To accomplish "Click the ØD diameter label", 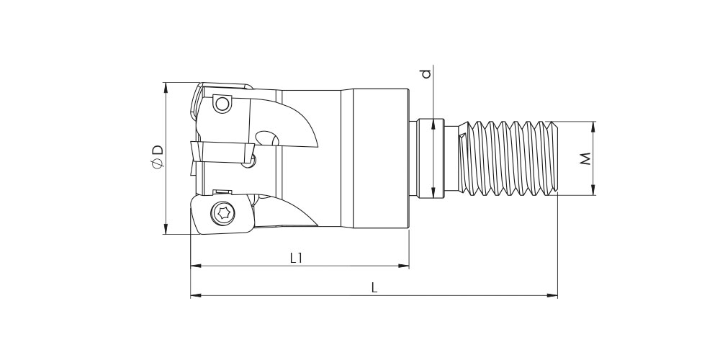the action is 157,156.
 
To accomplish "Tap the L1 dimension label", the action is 297,258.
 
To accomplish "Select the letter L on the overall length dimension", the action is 374,288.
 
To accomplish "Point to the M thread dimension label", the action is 585,159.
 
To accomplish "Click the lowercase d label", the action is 426,73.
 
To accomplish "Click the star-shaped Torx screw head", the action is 224,212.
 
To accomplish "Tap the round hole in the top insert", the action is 222,104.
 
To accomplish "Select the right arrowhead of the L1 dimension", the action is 404,266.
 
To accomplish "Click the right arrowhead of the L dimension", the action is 552,295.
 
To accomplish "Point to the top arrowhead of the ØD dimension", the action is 166,88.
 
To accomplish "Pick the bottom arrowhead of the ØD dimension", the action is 166,228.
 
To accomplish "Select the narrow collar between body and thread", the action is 431,158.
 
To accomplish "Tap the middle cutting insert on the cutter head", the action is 222,151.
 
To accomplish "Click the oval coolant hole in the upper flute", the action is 267,138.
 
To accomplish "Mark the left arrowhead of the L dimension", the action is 196,295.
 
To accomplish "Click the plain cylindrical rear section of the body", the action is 380,158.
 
